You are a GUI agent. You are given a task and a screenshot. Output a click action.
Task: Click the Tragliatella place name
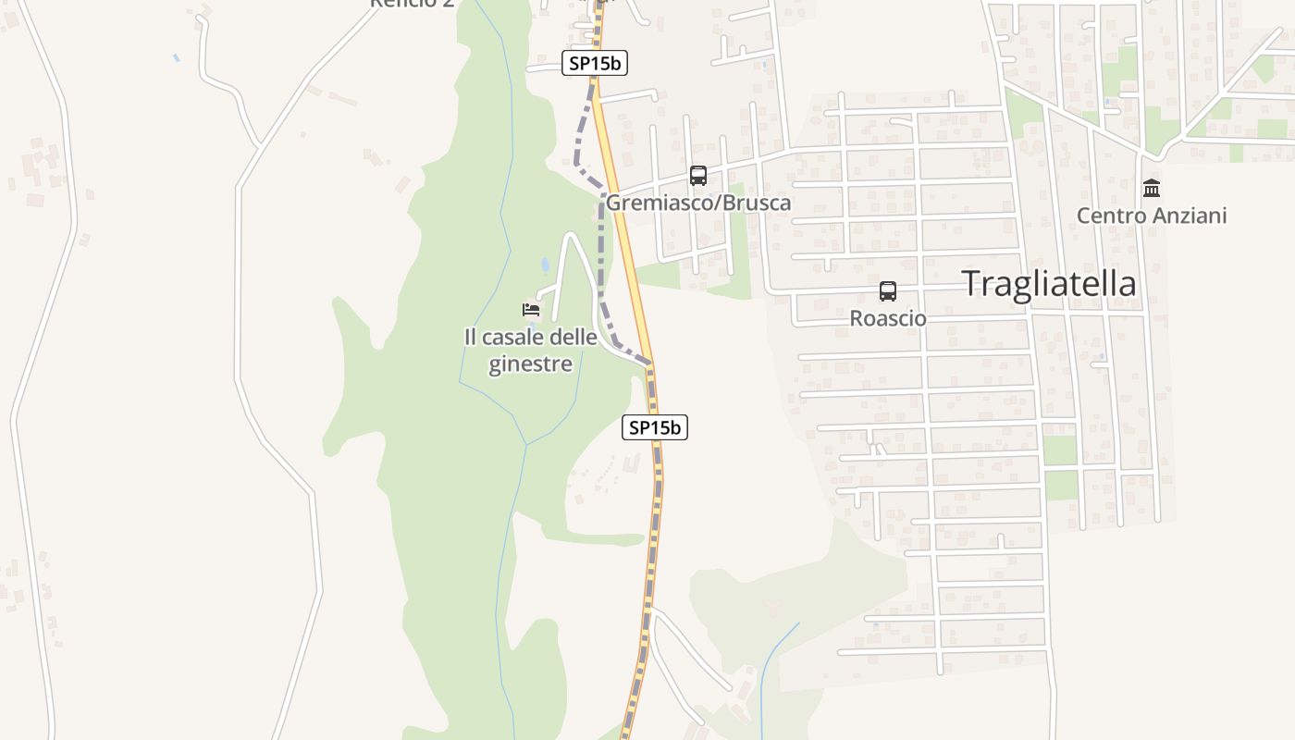click(x=1049, y=283)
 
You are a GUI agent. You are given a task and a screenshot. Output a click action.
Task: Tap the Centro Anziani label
click(x=1152, y=216)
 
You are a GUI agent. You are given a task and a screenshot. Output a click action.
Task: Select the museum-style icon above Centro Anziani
click(x=1152, y=189)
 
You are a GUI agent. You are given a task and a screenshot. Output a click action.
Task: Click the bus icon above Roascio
click(x=888, y=291)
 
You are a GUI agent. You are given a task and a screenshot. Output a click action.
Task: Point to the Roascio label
click(x=888, y=318)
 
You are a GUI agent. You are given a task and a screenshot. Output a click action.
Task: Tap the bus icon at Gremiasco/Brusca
click(x=698, y=176)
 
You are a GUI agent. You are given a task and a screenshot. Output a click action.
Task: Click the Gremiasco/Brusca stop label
click(x=698, y=203)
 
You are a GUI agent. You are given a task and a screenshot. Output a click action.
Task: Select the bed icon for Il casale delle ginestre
click(x=531, y=309)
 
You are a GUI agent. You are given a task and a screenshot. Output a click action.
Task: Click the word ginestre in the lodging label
click(x=531, y=364)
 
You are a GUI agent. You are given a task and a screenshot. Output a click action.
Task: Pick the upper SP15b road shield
click(x=595, y=64)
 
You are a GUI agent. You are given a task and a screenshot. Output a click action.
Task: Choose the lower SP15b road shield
click(x=655, y=427)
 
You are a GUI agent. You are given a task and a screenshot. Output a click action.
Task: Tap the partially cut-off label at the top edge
click(x=412, y=4)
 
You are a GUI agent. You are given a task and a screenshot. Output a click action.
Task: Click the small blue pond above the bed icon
click(x=545, y=265)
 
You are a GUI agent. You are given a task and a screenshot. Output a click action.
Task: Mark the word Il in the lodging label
click(x=471, y=337)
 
